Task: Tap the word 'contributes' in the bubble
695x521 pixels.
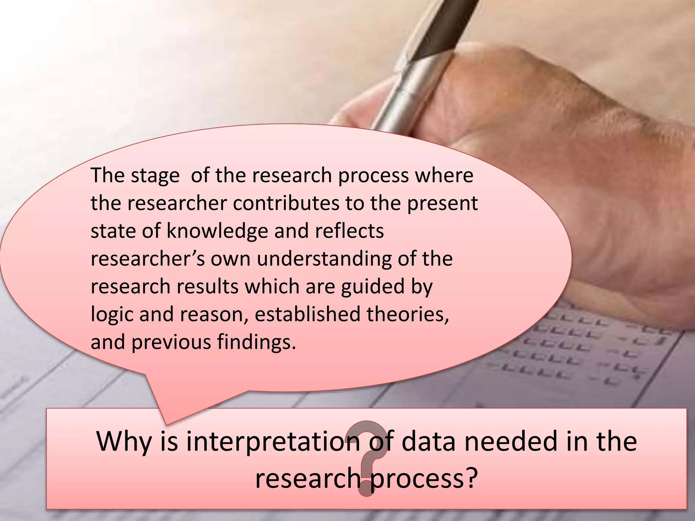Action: (x=287, y=204)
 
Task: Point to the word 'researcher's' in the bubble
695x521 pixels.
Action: (x=148, y=259)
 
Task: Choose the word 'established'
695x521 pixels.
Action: (x=307, y=314)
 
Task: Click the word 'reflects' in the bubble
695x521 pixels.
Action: (x=350, y=231)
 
